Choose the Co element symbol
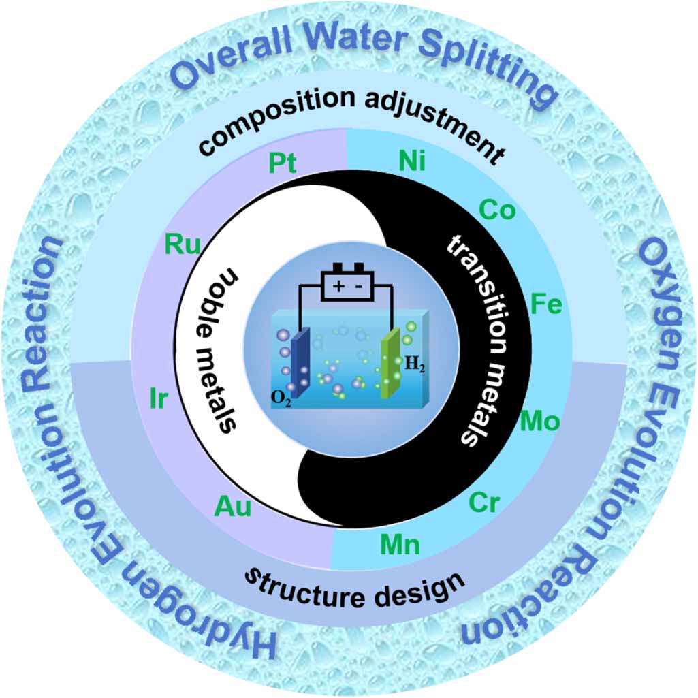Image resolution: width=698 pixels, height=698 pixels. pos(497,210)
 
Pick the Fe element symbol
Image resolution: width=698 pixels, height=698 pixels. pos(546,304)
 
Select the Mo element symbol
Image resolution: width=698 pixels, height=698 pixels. pos(539,422)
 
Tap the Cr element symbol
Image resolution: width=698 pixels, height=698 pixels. pos(484,505)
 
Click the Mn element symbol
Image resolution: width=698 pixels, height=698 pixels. pos(400,545)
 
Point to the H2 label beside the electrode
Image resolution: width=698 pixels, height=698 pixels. pos(413,364)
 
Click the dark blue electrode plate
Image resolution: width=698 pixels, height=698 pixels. pos(300,361)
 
